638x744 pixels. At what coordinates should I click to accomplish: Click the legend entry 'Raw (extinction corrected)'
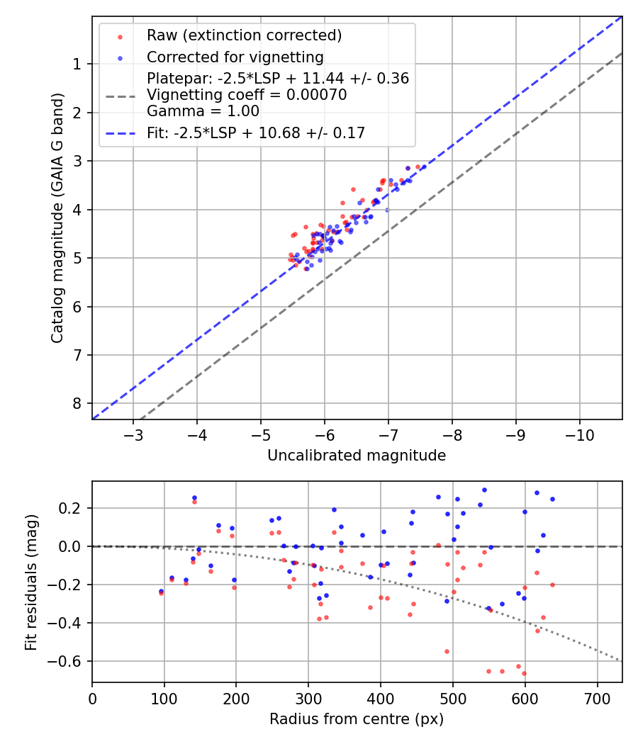244,35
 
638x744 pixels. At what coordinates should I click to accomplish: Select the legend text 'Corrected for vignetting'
235,57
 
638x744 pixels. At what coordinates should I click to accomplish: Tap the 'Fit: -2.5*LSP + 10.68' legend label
256,133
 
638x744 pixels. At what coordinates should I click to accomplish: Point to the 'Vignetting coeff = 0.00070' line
247,95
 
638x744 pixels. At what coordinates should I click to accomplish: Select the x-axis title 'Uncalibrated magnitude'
357,456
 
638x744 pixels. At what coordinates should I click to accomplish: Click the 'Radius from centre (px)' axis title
357,719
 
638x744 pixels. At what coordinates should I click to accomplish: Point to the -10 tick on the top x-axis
579,434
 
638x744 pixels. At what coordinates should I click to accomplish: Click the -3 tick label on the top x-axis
133,434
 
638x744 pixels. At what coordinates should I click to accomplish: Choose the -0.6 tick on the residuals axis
69,661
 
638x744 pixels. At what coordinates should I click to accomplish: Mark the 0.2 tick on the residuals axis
73,508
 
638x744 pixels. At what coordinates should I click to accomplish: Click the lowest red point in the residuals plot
524,673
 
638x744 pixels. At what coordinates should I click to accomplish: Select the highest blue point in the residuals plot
484,490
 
